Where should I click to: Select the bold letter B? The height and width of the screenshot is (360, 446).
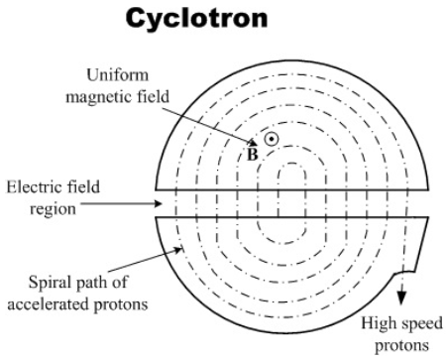253,154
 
